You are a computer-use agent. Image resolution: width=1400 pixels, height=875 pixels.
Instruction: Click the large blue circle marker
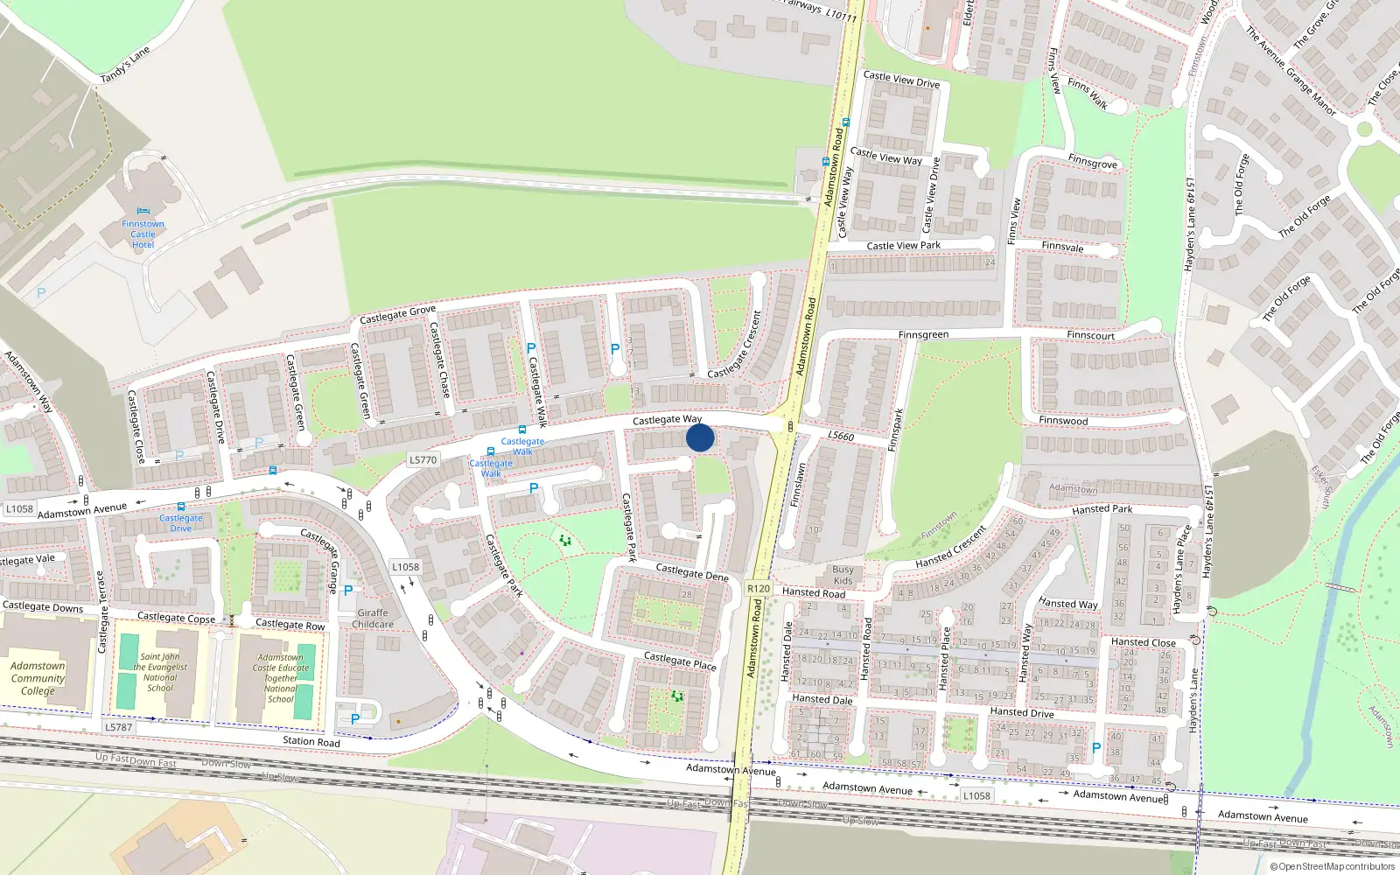click(x=700, y=437)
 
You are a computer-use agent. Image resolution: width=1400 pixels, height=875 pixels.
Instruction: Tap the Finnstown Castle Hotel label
click(x=143, y=234)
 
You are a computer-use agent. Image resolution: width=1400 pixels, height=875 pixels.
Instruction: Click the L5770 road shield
click(x=423, y=459)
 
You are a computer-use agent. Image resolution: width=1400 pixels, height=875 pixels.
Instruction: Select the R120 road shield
click(x=759, y=588)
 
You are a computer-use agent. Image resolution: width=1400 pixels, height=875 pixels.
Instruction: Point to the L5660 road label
click(x=840, y=436)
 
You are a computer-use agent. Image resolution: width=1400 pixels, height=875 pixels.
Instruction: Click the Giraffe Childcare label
click(x=373, y=619)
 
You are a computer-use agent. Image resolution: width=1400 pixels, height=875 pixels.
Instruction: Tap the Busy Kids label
click(x=843, y=575)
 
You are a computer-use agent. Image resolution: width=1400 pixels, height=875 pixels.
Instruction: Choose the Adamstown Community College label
click(x=38, y=678)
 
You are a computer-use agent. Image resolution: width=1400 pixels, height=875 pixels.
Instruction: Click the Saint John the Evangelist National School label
click(x=160, y=672)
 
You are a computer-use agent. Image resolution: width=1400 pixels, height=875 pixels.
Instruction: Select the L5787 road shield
click(x=118, y=727)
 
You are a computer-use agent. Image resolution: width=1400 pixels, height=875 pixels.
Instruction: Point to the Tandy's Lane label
click(x=125, y=65)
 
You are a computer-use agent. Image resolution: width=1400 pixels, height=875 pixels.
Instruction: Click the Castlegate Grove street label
click(x=397, y=314)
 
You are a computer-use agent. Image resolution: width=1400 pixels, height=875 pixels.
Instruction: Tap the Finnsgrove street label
click(x=1092, y=162)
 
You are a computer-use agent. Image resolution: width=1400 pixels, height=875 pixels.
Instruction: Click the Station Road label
click(x=311, y=741)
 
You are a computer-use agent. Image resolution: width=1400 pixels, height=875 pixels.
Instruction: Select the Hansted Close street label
click(x=1143, y=642)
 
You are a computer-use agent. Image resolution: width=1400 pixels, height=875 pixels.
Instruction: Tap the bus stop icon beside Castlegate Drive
click(x=181, y=507)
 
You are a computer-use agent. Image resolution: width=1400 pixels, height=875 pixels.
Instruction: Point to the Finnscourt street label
click(x=1090, y=335)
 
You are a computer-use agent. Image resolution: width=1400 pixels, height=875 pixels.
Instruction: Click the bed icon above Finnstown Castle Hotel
click(x=143, y=211)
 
